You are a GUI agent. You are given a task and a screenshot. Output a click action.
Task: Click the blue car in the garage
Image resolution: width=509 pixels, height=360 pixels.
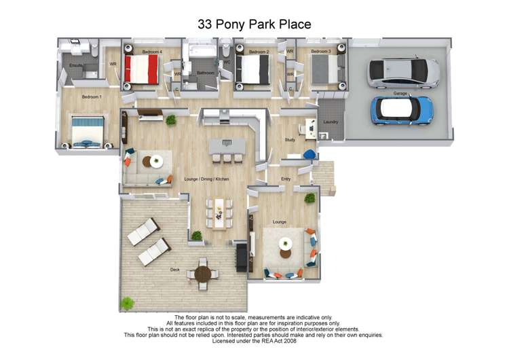tap(402, 110)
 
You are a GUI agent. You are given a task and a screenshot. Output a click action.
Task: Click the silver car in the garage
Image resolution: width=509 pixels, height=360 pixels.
tap(403, 73)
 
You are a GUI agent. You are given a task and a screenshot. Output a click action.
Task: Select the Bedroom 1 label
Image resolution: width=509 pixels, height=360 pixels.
tap(92, 97)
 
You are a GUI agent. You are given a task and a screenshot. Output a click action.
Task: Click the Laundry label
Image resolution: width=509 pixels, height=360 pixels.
tap(331, 122)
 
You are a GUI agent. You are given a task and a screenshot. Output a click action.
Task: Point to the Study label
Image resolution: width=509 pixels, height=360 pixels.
tap(289, 140)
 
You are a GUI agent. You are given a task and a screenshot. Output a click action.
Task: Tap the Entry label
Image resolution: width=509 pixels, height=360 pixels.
tap(286, 179)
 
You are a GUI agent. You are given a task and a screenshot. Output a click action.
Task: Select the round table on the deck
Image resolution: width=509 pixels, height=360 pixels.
tap(203, 274)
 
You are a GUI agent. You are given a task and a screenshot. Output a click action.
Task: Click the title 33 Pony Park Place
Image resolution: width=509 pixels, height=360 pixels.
tap(254, 24)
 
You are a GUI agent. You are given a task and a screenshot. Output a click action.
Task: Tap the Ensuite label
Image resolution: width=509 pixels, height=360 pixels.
tap(75, 65)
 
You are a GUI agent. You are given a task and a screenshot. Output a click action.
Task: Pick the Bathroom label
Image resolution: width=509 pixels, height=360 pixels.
tap(206, 73)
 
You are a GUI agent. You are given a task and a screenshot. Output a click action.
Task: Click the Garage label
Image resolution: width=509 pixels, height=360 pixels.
tap(400, 92)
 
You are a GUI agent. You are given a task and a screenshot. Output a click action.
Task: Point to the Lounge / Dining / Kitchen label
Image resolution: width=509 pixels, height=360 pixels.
tap(206, 179)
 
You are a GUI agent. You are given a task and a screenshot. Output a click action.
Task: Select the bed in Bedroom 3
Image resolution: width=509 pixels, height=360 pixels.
tap(326, 69)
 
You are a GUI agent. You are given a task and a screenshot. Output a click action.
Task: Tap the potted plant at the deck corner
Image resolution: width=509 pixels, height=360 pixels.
tap(126, 303)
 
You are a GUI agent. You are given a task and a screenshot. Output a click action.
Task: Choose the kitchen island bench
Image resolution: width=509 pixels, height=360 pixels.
tap(228, 146)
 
